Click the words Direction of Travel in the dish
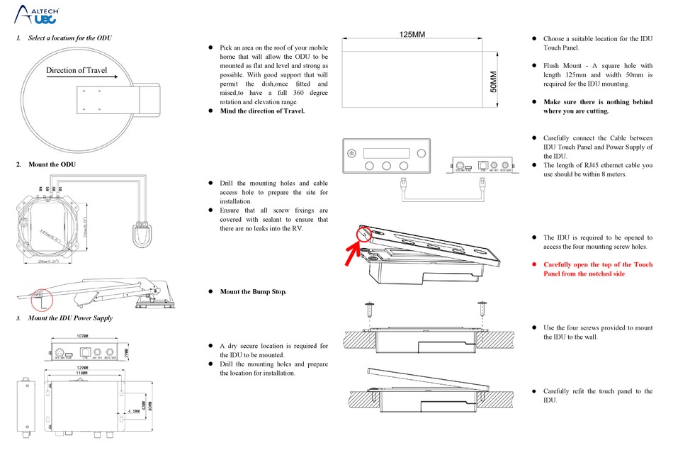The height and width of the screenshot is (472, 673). click(77, 70)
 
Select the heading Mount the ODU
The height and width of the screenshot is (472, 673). click(52, 164)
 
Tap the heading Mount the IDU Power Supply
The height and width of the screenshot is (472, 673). click(69, 318)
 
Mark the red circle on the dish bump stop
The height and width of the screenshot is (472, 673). click(43, 298)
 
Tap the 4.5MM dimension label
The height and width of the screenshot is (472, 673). click(131, 410)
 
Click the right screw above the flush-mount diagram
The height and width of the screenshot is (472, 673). click(482, 310)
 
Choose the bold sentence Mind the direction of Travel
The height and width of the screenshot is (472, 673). click(262, 111)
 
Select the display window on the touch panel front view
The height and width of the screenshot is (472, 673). click(386, 153)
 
